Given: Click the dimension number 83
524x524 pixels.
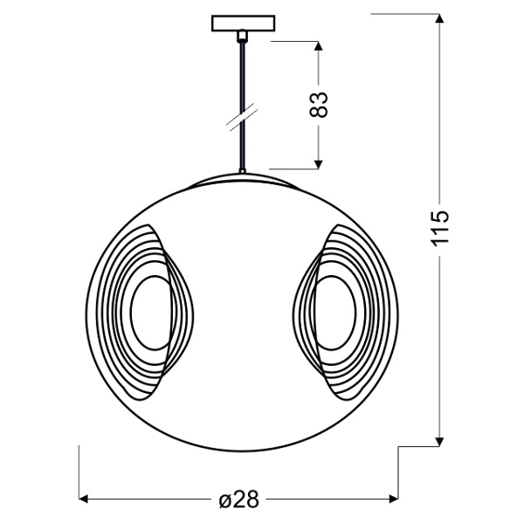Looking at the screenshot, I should tap(320, 105).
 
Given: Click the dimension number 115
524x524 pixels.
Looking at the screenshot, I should tap(442, 229).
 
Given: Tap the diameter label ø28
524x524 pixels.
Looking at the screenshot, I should tap(239, 500).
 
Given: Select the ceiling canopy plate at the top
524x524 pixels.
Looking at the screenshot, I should tap(242, 24).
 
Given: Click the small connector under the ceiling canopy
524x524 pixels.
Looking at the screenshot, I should tap(242, 36).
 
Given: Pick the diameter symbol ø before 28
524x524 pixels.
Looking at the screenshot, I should tap(224, 500).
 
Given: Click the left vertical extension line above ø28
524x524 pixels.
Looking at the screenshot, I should tap(80, 472).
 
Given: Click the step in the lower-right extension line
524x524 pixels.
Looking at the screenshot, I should tap(400, 447).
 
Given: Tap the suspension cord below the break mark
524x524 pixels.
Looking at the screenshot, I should tap(242, 148).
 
